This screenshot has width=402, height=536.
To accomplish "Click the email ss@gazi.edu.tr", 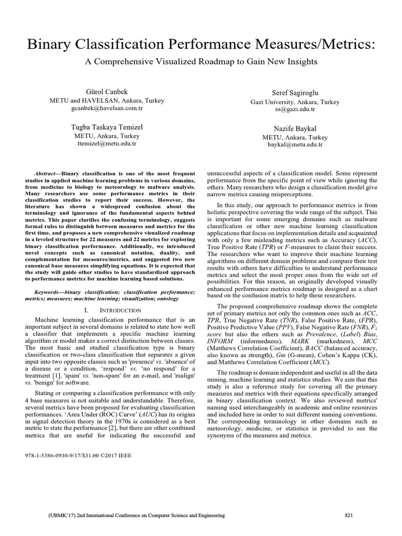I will (x=295, y=109).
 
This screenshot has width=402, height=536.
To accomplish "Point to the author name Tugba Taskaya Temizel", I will (x=107, y=127).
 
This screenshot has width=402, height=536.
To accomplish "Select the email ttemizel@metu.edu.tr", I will (x=107, y=143).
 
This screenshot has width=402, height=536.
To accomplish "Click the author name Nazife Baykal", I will (x=295, y=128).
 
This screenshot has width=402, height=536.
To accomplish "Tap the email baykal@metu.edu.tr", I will (x=295, y=144).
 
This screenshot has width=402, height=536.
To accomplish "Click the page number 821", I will (x=349, y=516).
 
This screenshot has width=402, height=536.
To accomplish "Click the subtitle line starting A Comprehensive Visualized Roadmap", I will (x=201, y=61).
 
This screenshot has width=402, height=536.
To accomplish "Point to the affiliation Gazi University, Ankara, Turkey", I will (x=295, y=102).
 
